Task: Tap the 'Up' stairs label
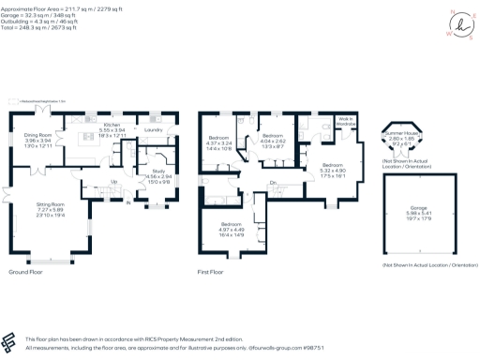[x=113, y=181]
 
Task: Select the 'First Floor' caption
[x=211, y=271]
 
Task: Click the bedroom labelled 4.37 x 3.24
[x=220, y=143]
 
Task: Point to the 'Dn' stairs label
[x=273, y=182]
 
